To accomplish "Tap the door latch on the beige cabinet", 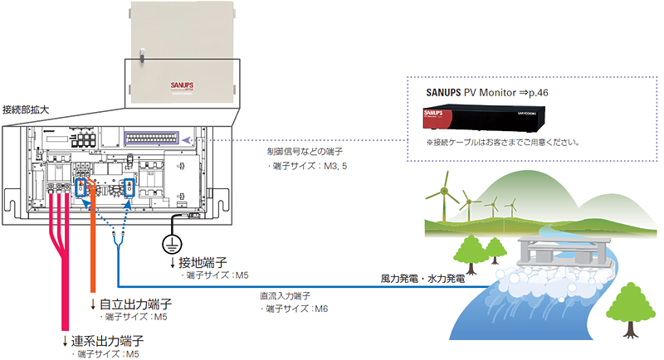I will coord(142,59).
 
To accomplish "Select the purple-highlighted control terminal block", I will coord(153,140).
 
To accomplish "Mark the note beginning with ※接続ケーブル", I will coord(496,142).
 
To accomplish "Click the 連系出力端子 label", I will coord(107,341).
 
